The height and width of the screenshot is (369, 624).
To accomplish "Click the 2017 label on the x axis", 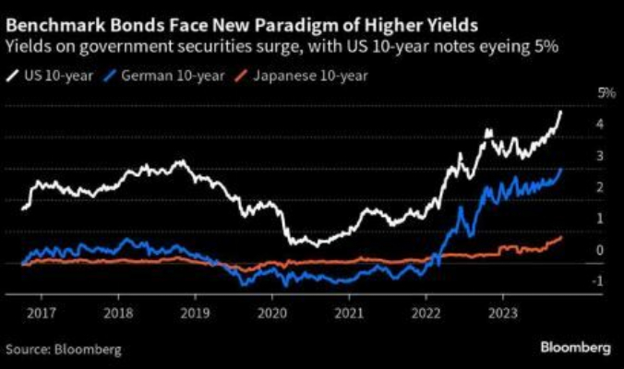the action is click(x=42, y=314).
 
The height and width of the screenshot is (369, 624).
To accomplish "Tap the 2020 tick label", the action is click(x=272, y=314).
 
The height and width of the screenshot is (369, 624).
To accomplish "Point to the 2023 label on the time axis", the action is click(x=503, y=314).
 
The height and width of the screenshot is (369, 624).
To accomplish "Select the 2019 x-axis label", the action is click(x=195, y=314).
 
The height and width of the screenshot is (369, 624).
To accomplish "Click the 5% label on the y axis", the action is click(x=606, y=93).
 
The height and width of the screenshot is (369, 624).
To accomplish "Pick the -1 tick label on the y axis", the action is click(x=598, y=281).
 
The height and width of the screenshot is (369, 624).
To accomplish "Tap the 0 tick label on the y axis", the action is click(x=600, y=250).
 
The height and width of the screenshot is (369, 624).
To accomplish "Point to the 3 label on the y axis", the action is click(x=600, y=156).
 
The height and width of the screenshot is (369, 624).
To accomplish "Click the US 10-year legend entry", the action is click(x=50, y=76).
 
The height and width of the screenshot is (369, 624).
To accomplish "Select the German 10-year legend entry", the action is click(x=163, y=76).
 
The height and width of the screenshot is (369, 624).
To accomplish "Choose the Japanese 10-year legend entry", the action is click(x=301, y=76).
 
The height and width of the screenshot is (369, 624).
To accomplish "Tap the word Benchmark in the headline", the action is click(x=54, y=26).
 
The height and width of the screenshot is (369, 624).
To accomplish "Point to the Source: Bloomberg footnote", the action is click(x=64, y=350).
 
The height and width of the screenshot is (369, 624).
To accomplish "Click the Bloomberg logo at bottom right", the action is click(x=575, y=348).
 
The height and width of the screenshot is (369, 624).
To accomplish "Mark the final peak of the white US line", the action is click(x=560, y=113).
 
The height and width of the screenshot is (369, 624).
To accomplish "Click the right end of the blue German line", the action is click(x=561, y=169).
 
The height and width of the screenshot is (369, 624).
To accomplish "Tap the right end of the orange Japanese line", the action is click(x=561, y=237).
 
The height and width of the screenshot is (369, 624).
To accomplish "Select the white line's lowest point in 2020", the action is click(x=318, y=246).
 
